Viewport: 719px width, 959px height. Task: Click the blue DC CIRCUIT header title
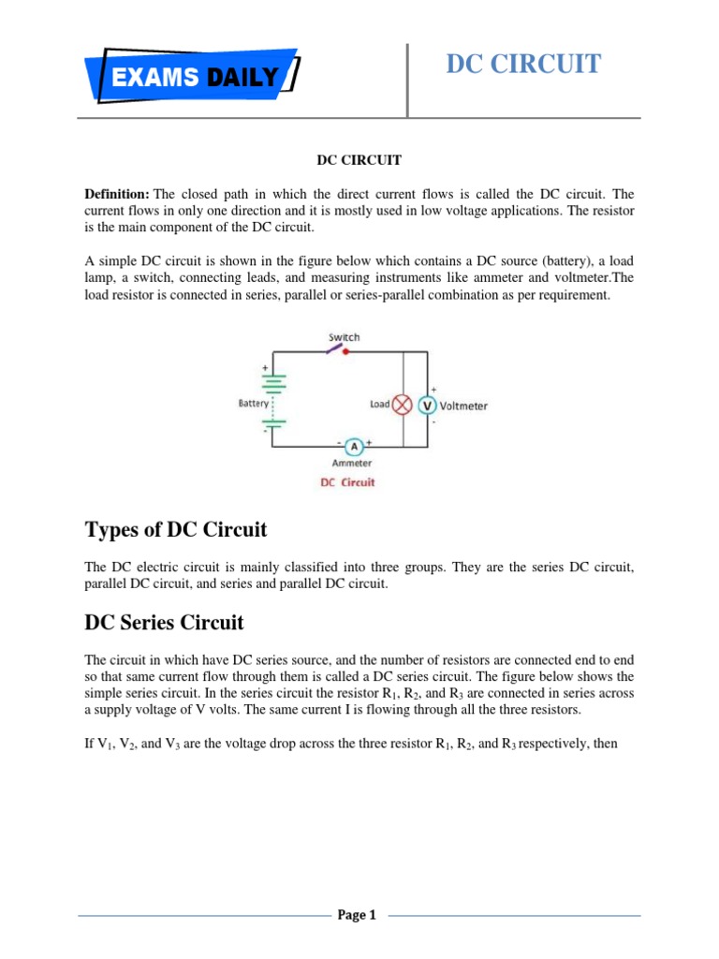pyautogui.click(x=523, y=64)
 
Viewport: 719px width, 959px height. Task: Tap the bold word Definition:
pyautogui.click(x=117, y=193)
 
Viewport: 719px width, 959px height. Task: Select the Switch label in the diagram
pyautogui.click(x=344, y=337)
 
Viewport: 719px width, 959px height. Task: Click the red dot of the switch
pyautogui.click(x=345, y=352)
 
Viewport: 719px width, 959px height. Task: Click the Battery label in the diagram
pyautogui.click(x=253, y=404)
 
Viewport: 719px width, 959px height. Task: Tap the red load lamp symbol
pyautogui.click(x=403, y=405)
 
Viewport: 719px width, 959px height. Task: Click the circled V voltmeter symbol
pyautogui.click(x=427, y=406)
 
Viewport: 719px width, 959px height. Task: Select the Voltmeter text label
pyautogui.click(x=463, y=406)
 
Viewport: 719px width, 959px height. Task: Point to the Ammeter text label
pyautogui.click(x=352, y=463)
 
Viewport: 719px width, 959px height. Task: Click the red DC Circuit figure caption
pyautogui.click(x=347, y=482)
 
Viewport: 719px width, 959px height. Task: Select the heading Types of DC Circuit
pyautogui.click(x=176, y=530)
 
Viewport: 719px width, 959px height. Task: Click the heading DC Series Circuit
pyautogui.click(x=164, y=621)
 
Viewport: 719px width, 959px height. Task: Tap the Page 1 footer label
pyautogui.click(x=356, y=915)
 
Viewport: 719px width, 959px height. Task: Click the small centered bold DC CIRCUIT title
pyautogui.click(x=359, y=160)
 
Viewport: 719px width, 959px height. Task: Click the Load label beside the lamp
pyautogui.click(x=379, y=405)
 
